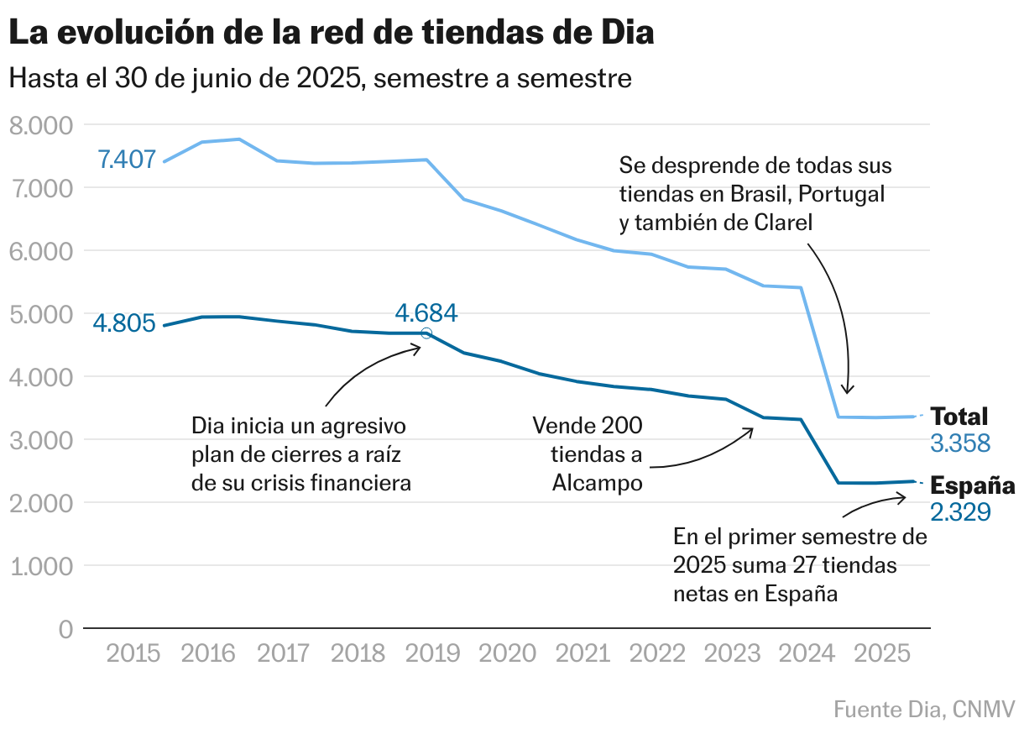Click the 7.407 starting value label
127,159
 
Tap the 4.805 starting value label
124,323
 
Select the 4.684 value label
426,314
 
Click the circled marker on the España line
426,333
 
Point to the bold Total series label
959,417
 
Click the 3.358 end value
960,443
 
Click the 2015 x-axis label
133,653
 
